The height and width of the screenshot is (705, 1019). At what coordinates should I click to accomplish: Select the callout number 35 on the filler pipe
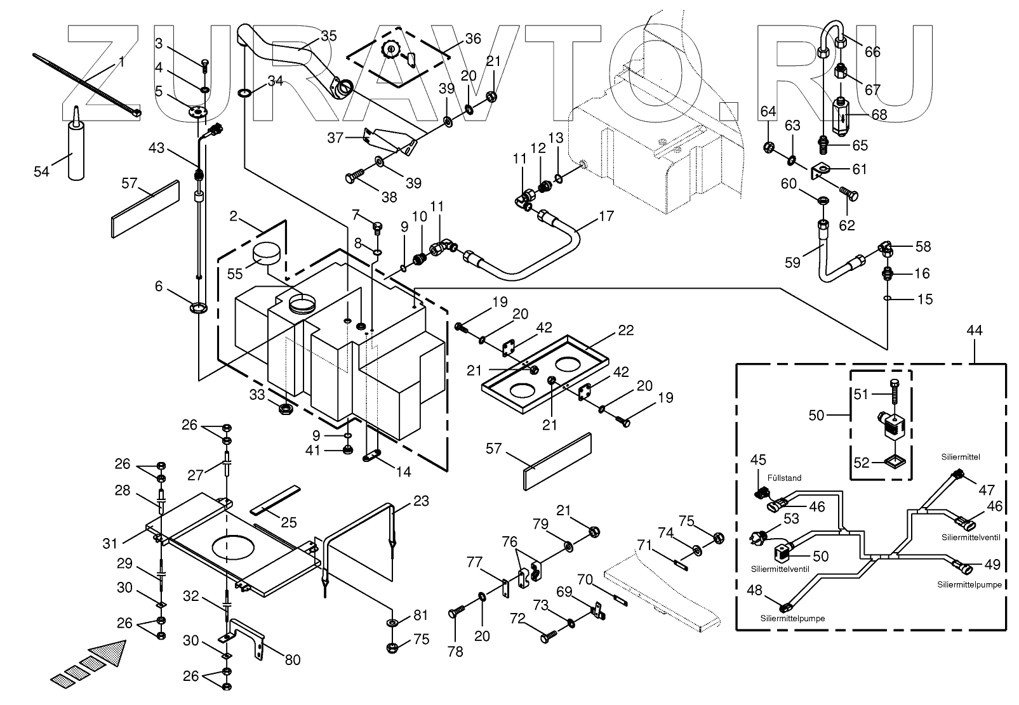click(328, 36)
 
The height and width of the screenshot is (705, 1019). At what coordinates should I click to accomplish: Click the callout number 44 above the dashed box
click(975, 331)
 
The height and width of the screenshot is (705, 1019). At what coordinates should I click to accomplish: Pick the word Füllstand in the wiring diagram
click(785, 478)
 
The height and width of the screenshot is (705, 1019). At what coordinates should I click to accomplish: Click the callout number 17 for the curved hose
click(606, 216)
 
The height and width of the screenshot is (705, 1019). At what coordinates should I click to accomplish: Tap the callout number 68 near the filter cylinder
click(879, 115)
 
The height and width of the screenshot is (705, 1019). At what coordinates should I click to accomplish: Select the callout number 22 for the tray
click(626, 331)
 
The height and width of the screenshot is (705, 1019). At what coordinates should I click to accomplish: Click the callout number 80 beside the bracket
click(292, 660)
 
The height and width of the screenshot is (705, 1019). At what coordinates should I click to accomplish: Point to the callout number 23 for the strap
click(421, 502)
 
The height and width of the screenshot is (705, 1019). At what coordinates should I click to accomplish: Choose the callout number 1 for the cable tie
click(121, 62)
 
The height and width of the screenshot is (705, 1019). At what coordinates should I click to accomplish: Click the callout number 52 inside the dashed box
click(860, 463)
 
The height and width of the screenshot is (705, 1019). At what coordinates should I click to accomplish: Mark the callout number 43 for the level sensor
click(157, 148)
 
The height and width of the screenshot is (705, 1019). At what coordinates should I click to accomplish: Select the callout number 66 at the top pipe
click(873, 51)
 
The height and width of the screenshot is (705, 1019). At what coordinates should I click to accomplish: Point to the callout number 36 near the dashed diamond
click(473, 39)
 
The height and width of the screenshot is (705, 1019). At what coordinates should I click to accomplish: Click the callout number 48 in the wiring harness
click(754, 590)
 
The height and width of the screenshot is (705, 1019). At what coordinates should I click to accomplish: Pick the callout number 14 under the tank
click(404, 472)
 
